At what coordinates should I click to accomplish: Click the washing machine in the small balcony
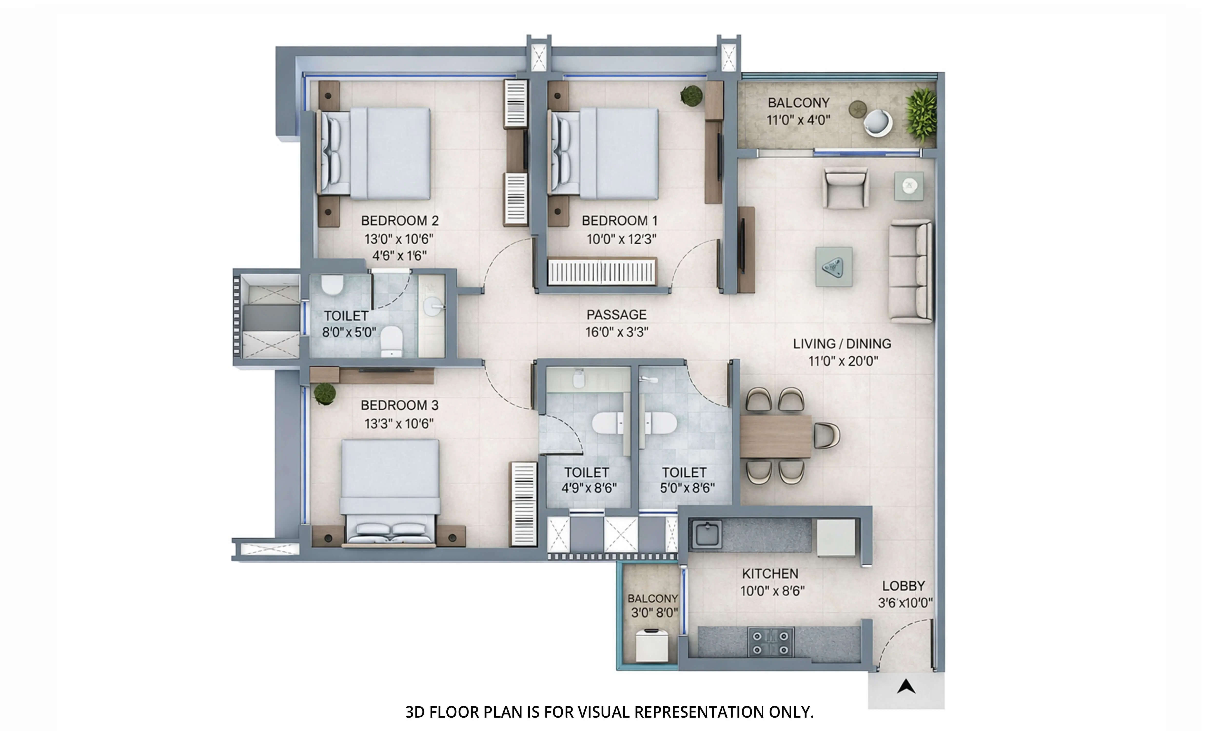[x=651, y=645]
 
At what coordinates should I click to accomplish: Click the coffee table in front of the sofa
[x=834, y=267]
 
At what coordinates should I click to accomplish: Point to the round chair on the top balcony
[x=878, y=123]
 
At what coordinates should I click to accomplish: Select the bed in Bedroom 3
[x=389, y=493]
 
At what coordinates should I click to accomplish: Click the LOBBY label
[x=903, y=586]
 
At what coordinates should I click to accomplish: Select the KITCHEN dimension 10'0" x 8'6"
[x=772, y=591]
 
